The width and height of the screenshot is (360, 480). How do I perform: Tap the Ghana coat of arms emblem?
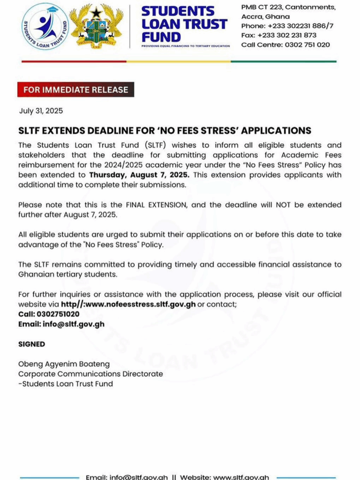tap(96, 26)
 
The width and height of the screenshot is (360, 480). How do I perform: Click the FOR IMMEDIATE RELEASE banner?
tap(75, 90)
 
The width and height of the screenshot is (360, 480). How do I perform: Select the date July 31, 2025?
tap(41, 111)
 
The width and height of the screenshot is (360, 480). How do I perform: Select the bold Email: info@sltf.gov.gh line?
tap(61, 324)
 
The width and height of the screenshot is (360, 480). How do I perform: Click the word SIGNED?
tap(32, 344)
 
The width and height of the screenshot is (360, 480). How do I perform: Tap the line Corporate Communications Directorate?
tap(90, 374)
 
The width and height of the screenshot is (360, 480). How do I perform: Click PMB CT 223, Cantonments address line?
tap(288, 7)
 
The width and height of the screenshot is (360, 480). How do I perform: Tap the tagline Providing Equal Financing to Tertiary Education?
tap(186, 46)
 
